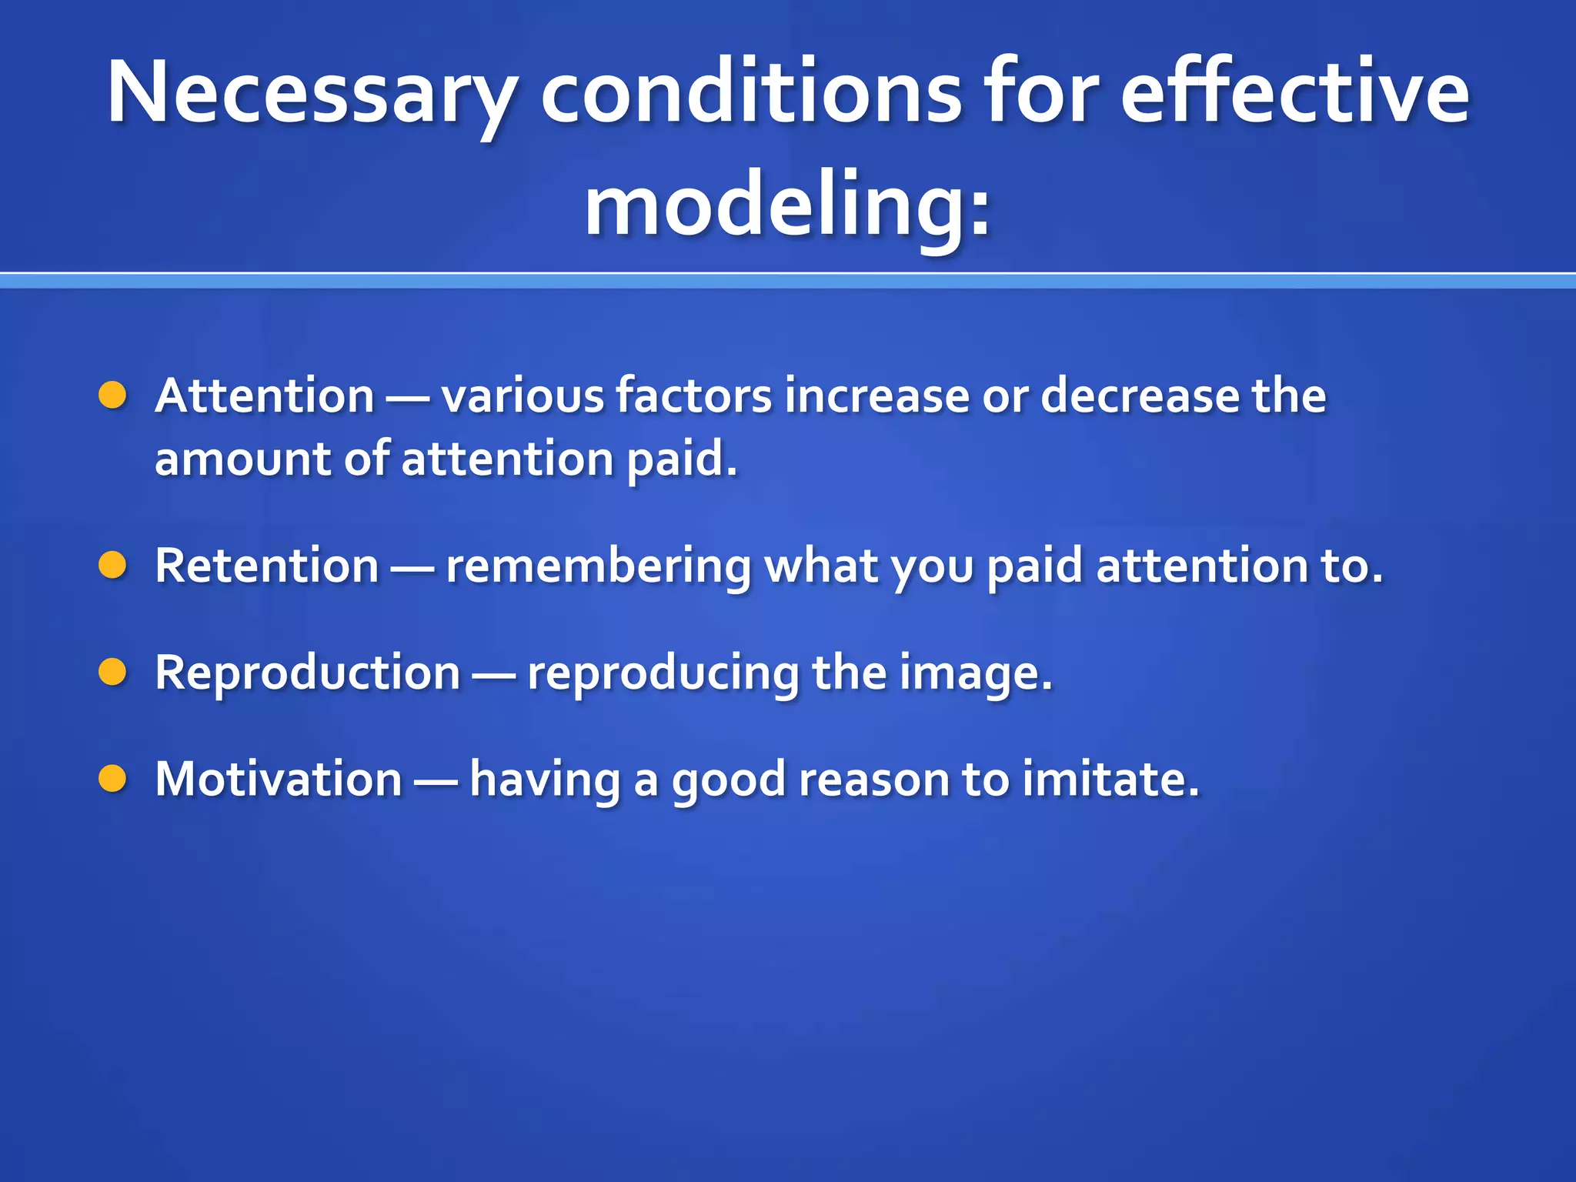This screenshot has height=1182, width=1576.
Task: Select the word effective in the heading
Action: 1294,92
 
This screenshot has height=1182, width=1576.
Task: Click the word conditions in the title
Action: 751,92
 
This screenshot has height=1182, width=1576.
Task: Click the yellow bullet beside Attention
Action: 112,396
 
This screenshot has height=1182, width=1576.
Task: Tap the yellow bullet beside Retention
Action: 112,566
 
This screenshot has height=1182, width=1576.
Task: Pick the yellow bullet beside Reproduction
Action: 112,673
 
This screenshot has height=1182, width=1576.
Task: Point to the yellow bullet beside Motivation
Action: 112,779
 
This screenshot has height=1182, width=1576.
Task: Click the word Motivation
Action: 279,779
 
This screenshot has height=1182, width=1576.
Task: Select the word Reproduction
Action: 307,673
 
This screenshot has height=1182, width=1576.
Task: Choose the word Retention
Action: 266,566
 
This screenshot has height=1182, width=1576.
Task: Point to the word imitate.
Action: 1110,779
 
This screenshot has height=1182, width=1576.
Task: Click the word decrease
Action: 1140,396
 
